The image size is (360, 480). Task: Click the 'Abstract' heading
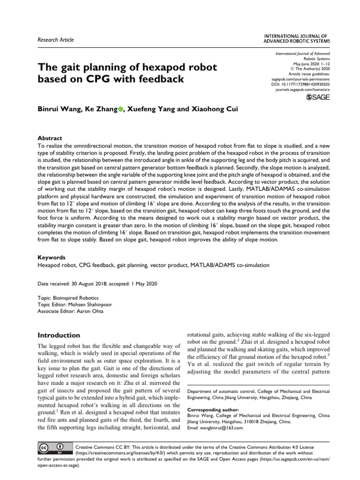pos(50,139)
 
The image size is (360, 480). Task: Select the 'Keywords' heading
pos(52,258)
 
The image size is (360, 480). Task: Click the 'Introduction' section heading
pos(59,336)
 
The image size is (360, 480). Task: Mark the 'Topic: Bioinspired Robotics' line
pos(68,298)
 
